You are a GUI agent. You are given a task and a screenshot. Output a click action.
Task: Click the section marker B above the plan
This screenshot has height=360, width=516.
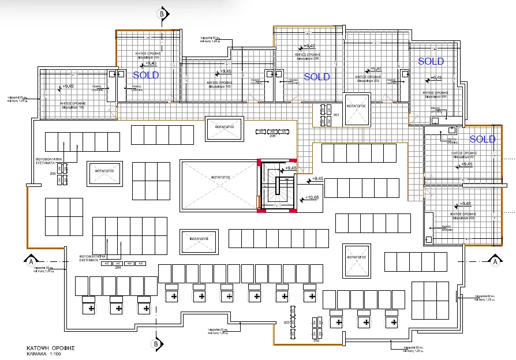tap(162, 13)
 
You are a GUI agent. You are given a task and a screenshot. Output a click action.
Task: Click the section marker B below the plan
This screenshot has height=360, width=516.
tap(155, 344)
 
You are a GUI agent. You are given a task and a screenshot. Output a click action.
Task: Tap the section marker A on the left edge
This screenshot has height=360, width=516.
tap(27, 261)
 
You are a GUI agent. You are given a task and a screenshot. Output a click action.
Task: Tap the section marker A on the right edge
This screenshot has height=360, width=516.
tap(495, 261)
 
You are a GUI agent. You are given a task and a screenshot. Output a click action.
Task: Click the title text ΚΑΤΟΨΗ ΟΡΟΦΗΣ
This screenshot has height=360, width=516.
tap(51, 348)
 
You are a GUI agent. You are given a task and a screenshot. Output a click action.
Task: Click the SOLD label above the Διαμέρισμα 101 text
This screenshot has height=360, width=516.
tap(431, 61)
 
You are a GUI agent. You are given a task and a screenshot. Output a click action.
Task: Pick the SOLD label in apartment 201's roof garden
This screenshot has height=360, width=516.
tap(482, 139)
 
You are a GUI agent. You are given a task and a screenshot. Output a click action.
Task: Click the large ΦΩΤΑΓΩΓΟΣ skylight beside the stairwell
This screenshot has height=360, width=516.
tap(216, 178)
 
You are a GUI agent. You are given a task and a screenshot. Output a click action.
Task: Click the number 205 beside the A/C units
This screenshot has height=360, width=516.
tap(53, 172)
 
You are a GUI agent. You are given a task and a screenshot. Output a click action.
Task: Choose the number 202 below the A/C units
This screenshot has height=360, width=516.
tap(316, 341)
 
